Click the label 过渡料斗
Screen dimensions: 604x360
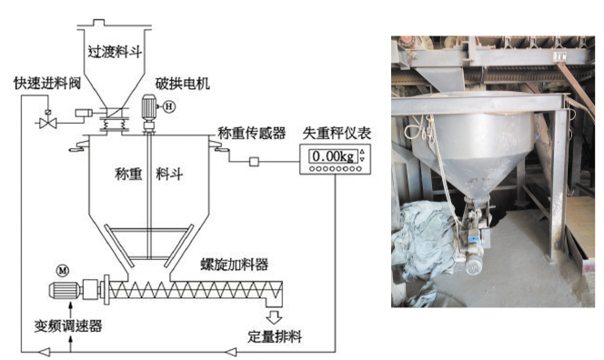(115, 51)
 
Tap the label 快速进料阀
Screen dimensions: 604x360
(47, 83)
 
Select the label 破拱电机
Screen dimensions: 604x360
(183, 83)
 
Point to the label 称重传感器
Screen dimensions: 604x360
(252, 133)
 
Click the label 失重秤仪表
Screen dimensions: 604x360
(337, 133)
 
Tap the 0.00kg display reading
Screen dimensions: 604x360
(333, 156)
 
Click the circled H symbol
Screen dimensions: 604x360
(169, 105)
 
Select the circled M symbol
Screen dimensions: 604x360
(63, 271)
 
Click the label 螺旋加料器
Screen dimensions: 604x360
(234, 265)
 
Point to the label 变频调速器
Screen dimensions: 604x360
(68, 326)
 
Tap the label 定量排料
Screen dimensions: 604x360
(275, 336)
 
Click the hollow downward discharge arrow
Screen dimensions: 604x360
(274, 316)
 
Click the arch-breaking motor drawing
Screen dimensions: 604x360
(148, 111)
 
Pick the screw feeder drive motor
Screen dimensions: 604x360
(65, 290)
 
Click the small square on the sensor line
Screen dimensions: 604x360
(254, 161)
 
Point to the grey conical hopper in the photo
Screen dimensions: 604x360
(478, 150)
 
